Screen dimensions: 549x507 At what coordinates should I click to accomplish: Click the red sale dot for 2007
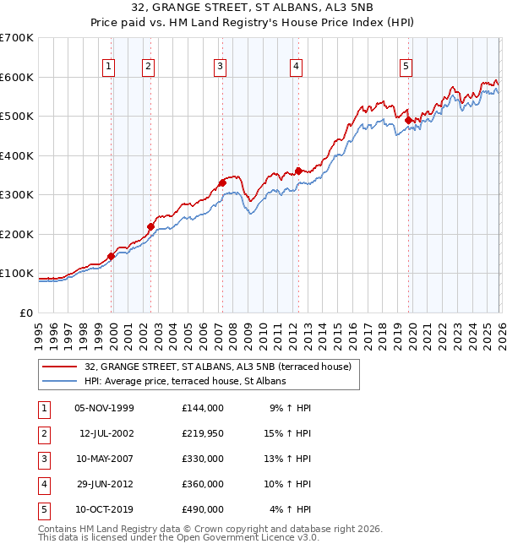[222, 182]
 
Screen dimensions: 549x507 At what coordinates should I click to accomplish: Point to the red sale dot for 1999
[112, 256]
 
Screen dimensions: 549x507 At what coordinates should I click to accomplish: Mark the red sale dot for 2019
[408, 120]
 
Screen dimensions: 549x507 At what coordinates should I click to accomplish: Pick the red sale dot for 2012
[298, 171]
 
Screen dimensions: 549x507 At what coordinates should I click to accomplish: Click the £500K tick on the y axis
[17, 117]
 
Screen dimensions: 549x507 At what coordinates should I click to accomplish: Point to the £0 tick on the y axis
[27, 313]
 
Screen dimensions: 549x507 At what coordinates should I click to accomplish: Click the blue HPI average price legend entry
[185, 381]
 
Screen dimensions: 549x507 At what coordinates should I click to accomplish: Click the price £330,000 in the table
[203, 459]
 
